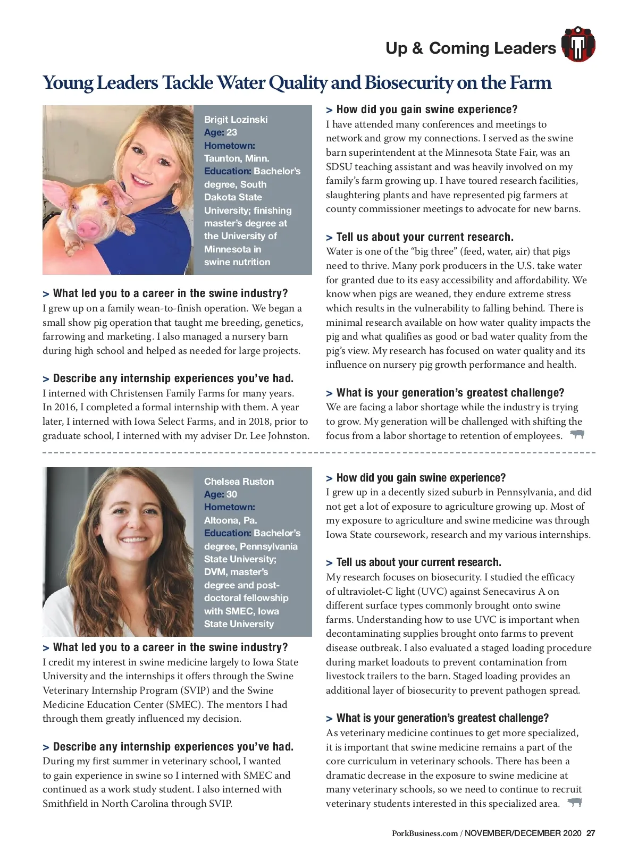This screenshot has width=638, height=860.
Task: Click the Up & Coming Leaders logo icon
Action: (x=578, y=44)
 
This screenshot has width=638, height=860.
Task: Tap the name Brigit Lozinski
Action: (x=236, y=120)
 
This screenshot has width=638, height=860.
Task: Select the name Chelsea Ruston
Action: (x=239, y=482)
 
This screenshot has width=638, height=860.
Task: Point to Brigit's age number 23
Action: (x=232, y=132)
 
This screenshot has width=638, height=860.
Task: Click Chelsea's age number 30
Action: (x=232, y=494)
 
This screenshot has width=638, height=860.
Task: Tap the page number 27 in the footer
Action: (x=591, y=833)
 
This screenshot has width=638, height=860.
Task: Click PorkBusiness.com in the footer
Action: (x=424, y=833)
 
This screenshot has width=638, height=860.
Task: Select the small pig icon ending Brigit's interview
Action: (x=577, y=434)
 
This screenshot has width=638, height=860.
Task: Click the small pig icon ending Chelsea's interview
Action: (x=575, y=802)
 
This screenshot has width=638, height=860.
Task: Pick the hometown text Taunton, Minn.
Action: (x=237, y=158)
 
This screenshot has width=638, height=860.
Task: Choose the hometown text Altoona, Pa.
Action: (x=230, y=520)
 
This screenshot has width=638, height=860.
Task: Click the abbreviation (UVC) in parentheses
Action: (x=434, y=592)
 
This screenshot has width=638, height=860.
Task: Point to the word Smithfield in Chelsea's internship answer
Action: (x=66, y=804)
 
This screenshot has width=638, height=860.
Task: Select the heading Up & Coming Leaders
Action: (x=471, y=48)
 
